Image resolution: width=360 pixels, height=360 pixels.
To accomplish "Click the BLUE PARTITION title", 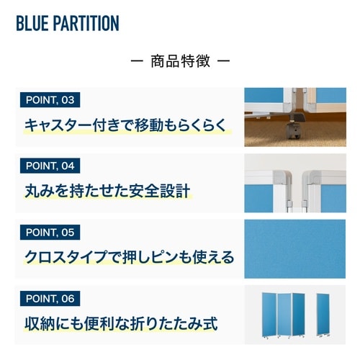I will (x=67, y=23).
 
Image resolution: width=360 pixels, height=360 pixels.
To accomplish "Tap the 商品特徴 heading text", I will (x=181, y=61).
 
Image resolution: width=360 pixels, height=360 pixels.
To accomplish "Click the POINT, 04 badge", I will (x=50, y=166).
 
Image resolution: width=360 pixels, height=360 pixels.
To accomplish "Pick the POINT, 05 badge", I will (x=50, y=232).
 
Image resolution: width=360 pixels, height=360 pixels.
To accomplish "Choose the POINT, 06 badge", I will (x=50, y=298).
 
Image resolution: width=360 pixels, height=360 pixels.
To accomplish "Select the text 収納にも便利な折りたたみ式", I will (x=120, y=323).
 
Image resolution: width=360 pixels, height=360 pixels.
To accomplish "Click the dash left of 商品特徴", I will (x=138, y=61).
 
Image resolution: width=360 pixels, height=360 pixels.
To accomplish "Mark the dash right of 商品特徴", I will (x=223, y=61).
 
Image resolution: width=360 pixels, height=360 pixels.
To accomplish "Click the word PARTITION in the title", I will (x=88, y=23).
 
